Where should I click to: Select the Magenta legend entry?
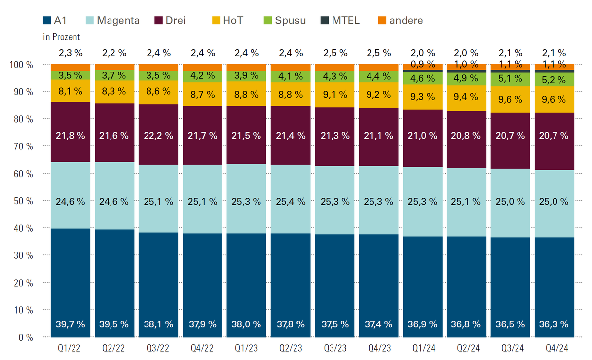coord(113,20)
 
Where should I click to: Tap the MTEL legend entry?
coord(341,20)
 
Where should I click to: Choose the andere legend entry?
coord(400,20)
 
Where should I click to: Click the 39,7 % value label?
coord(71,324)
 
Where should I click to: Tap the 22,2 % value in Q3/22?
coord(158,136)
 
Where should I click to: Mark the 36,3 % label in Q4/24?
coord(555,324)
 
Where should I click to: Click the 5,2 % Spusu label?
coord(555,79)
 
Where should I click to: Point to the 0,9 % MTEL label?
coord(423,64)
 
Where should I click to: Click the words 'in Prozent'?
coord(62,37)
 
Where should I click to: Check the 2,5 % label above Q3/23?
coord(334,53)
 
